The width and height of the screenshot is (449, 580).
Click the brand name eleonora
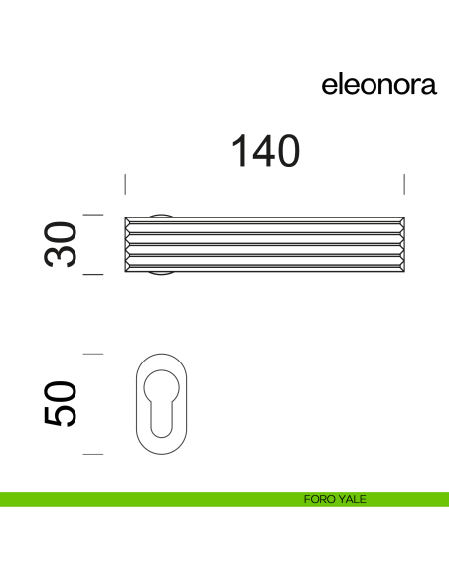pos(378,85)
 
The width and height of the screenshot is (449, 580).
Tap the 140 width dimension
pos(265,152)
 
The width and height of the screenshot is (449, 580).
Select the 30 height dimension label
pos(62,244)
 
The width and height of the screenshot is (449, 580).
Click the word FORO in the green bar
pos(318,499)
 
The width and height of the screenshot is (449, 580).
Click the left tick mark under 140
pos(125,184)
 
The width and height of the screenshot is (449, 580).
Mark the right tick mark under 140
pos(404,184)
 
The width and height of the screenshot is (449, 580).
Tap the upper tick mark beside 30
pos(93,215)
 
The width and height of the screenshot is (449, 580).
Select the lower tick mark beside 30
pos(93,274)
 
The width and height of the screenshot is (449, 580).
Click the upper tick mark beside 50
pos(93,354)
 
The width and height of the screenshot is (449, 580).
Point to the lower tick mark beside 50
pos(93,454)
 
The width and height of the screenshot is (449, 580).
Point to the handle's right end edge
pos(402,244)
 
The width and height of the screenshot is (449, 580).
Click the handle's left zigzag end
pos(128,244)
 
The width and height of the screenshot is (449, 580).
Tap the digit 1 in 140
pos(239,152)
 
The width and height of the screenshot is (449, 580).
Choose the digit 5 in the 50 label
pos(62,417)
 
